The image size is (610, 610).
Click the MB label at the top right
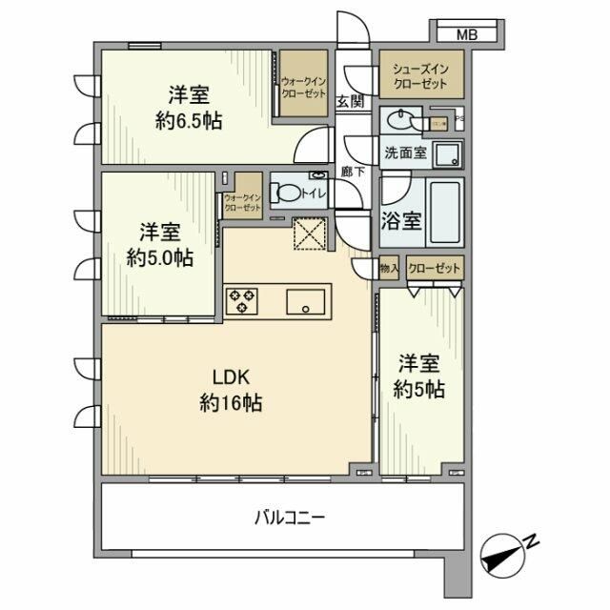465,35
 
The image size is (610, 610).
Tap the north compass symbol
504,554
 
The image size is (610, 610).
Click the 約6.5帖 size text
189,122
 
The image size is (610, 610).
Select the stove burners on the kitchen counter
242,301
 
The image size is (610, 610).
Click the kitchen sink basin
307,302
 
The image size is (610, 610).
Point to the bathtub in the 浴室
445,212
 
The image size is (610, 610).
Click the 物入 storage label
389,269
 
